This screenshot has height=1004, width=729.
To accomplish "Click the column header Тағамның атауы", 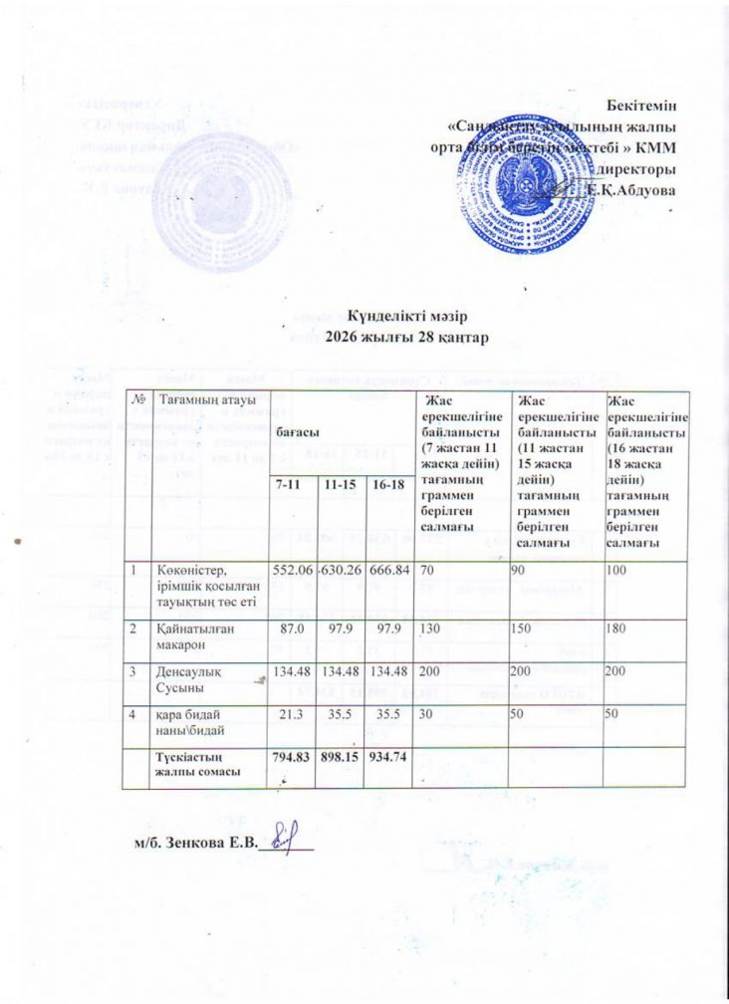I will (x=204, y=399).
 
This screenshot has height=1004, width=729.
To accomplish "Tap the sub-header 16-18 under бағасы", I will (x=387, y=484).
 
